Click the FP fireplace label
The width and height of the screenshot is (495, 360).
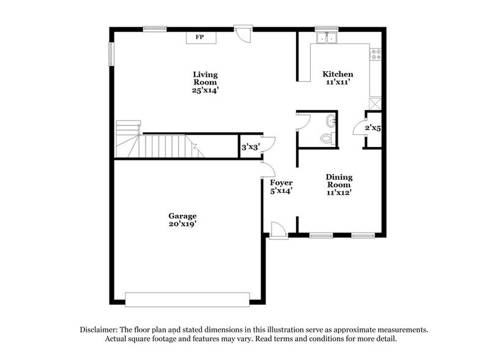tap(199, 37)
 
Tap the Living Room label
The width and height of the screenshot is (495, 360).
tap(205, 78)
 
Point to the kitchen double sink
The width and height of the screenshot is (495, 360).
tap(326, 39)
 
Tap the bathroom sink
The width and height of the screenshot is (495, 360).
tap(331, 121)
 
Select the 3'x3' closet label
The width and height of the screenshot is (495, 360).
tap(249, 147)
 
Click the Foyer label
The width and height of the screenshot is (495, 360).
tap(281, 182)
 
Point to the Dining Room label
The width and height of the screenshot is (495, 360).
tap(338, 181)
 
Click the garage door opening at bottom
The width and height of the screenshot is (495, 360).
tap(187, 299)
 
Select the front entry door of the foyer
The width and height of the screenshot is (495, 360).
tap(278, 231)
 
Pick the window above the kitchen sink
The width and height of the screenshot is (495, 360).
tap(326, 28)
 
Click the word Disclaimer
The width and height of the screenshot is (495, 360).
tap(100, 329)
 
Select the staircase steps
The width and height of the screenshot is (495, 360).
tap(162, 146)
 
